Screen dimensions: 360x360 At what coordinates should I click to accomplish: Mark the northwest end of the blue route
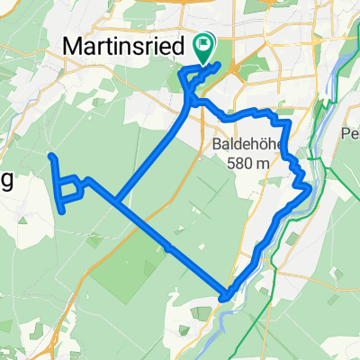coord(50,156)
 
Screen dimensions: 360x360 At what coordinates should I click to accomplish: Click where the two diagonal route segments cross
coord(116,199)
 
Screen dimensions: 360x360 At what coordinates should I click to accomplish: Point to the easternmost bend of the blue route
coord(310,188)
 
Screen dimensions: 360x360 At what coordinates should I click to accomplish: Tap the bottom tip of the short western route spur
coord(62,211)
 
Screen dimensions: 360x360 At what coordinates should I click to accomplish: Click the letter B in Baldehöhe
coord(218,144)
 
